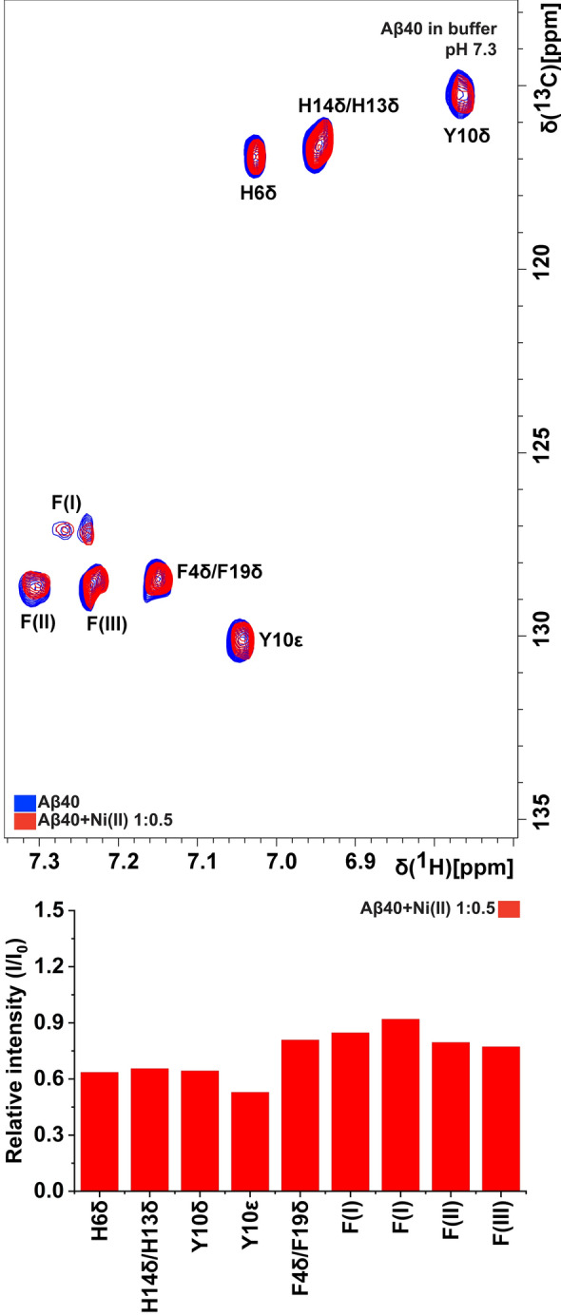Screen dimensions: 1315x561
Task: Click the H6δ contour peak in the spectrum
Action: coord(255,157)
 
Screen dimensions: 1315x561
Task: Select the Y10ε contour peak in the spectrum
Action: coord(242,640)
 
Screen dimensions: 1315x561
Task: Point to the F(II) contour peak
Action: coord(35,588)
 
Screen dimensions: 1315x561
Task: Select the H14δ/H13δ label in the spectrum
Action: coord(347,105)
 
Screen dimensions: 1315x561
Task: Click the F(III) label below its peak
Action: coord(106,624)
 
